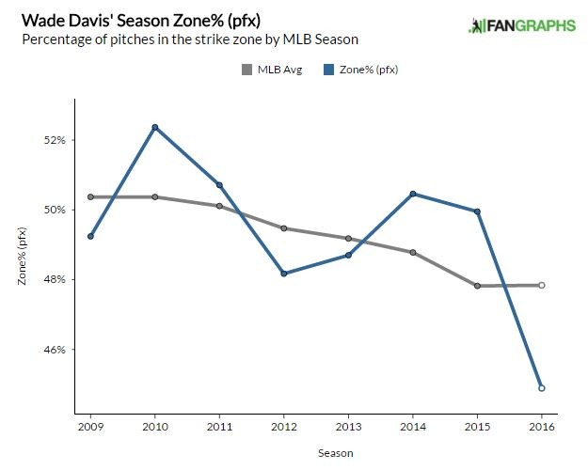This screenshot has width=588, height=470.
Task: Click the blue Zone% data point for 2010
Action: point(154,127)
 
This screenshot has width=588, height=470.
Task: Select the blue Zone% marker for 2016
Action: point(542,387)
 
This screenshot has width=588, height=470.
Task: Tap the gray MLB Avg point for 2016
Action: point(542,285)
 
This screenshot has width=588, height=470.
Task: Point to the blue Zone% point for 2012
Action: point(283,274)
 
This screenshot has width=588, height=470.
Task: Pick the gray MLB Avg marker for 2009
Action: point(89,196)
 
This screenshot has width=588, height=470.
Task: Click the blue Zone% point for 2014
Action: point(413,194)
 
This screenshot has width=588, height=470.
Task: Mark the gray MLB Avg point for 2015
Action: point(477,286)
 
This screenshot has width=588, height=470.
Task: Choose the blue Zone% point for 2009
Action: point(89,236)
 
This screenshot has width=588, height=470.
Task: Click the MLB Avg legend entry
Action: point(272,69)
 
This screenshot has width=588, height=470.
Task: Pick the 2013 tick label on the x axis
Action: point(348,426)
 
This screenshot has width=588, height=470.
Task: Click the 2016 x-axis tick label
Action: point(542,426)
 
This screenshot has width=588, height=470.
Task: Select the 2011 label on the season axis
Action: point(219,426)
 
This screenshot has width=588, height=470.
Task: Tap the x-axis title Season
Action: point(315,452)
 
